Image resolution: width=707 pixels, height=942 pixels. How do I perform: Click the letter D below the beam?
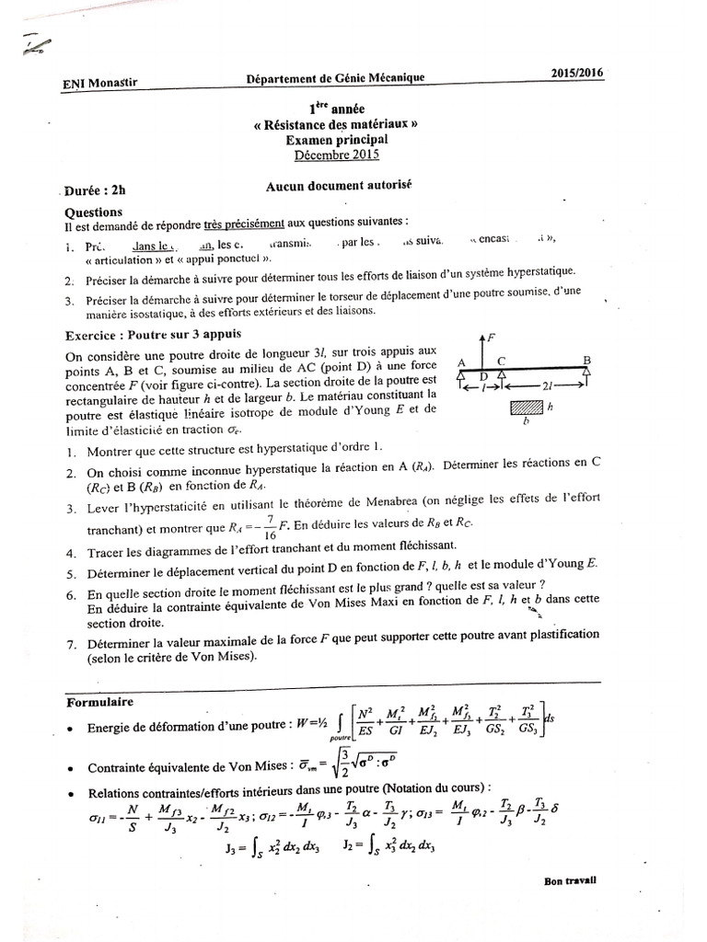482,377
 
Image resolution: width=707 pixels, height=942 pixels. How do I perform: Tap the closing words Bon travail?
570,879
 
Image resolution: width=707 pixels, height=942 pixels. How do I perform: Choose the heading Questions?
95,210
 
